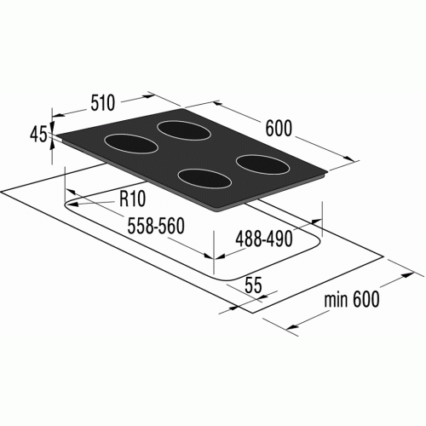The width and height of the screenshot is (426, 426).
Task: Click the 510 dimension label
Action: tap(103, 102)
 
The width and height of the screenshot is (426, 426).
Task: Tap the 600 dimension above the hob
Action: tap(279, 129)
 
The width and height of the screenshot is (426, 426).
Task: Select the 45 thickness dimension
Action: tap(38, 135)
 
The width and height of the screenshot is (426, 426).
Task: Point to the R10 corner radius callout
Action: tap(132, 199)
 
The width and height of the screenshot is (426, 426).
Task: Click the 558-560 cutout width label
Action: tap(156, 226)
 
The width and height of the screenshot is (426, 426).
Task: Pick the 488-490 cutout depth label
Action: tap(264, 239)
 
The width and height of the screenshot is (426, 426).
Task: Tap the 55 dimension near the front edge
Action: tap(253, 285)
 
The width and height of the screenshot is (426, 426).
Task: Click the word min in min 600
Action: tap(336, 300)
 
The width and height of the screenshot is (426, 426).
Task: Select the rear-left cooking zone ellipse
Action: tap(131, 143)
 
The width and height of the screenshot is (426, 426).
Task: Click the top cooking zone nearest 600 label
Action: tap(184, 130)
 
